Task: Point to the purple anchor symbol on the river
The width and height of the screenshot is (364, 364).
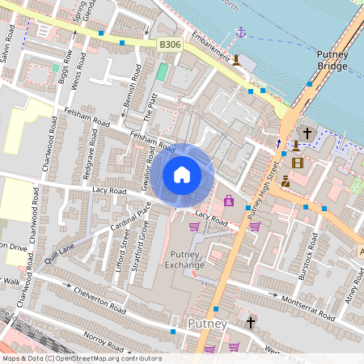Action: pyautogui.click(x=239, y=32)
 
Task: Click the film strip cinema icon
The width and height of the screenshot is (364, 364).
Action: pyautogui.click(x=298, y=163)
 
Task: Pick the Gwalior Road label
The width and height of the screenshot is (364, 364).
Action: pyautogui.click(x=147, y=173)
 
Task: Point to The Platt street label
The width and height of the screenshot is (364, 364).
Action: pyautogui.click(x=148, y=104)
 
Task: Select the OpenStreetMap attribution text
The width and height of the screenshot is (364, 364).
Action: pyautogui.click(x=82, y=358)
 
